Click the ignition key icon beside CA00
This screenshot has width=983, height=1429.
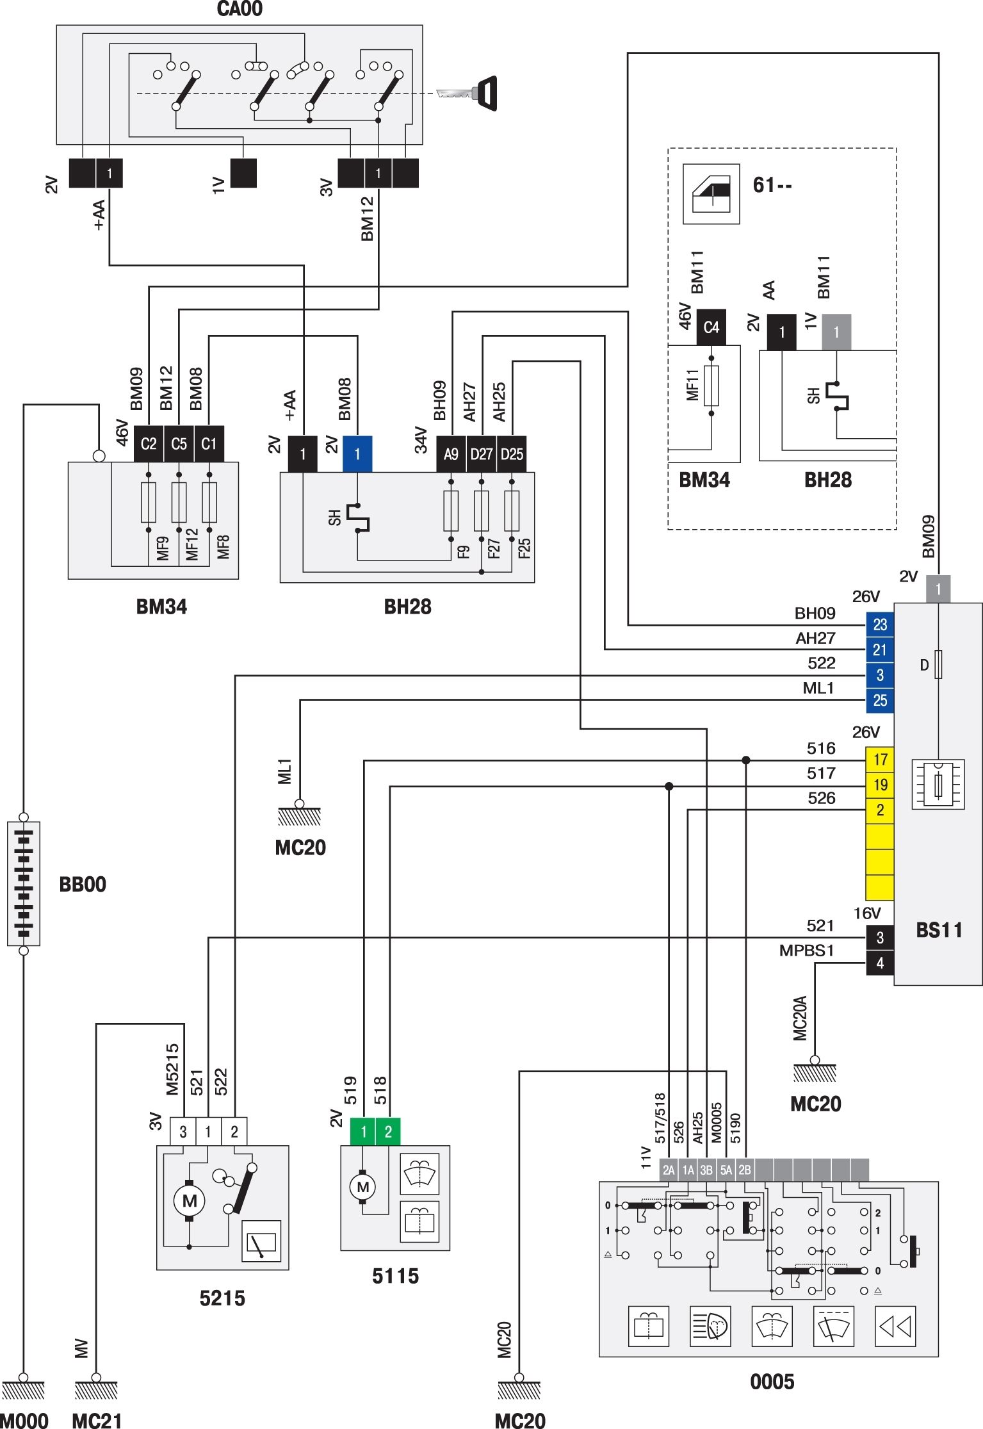tap(467, 93)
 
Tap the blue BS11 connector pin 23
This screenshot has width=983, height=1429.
tap(880, 625)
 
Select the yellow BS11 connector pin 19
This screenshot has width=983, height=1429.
tap(880, 785)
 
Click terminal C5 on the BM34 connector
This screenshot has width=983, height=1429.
tap(179, 444)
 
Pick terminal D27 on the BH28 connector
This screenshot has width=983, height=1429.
tap(482, 454)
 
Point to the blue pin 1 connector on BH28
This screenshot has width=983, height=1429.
tap(357, 454)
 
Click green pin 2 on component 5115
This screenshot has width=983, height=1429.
tap(388, 1132)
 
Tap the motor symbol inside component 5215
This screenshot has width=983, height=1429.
tap(189, 1200)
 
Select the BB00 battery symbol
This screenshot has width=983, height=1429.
tap(24, 884)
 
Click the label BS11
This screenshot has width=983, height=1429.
tap(939, 930)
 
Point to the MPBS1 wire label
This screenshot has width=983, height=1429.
tap(806, 951)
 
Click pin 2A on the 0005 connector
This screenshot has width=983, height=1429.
tap(669, 1170)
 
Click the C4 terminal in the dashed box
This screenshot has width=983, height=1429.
tap(711, 327)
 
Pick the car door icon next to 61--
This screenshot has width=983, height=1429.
tap(711, 194)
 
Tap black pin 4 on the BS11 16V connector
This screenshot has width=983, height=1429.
tap(880, 963)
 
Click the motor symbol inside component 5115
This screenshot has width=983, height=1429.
tap(363, 1187)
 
